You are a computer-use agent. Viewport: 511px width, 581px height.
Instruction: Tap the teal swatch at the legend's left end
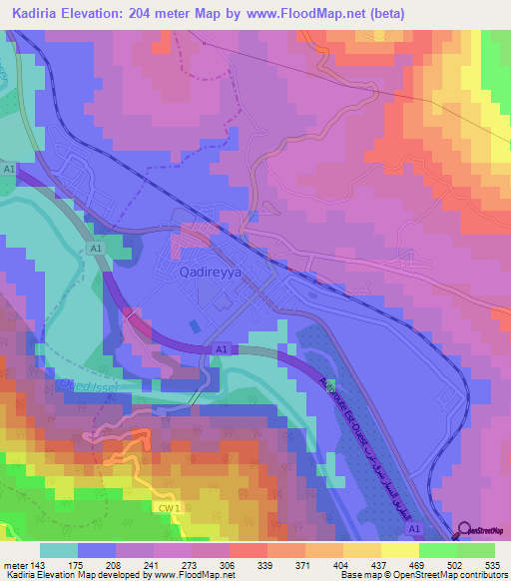pyautogui.click(x=58, y=550)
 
